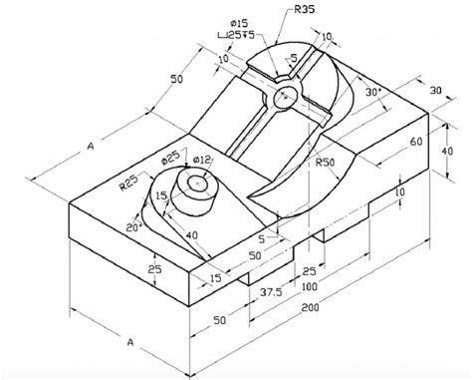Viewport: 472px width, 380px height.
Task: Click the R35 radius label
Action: [307, 11]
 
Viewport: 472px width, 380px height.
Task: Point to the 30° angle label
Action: [374, 93]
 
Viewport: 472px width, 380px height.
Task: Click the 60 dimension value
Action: [415, 143]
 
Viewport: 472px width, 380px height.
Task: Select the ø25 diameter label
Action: [171, 158]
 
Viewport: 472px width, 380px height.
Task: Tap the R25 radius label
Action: [128, 183]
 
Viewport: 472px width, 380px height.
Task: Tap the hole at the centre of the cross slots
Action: [287, 97]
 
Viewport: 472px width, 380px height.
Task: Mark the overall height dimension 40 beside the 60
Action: [446, 151]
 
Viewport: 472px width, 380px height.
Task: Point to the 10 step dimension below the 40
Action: [399, 190]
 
